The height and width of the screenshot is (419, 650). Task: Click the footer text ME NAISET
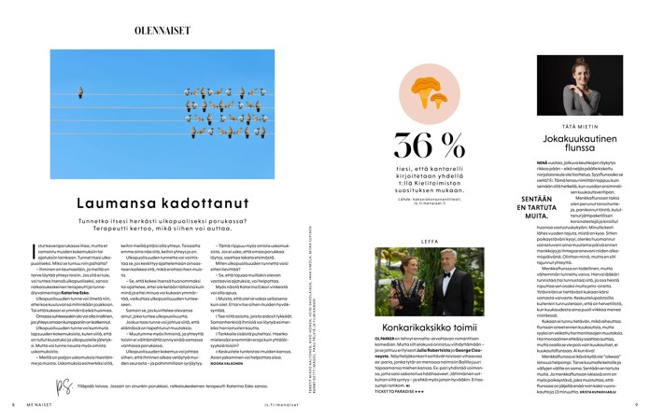tap(34, 404)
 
